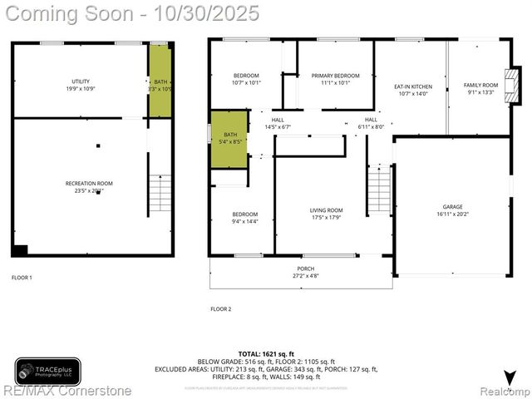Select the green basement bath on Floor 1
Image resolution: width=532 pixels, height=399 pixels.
(x=160, y=81)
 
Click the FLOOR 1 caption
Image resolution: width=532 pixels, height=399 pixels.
(x=22, y=277)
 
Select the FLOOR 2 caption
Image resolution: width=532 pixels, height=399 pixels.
(x=220, y=308)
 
